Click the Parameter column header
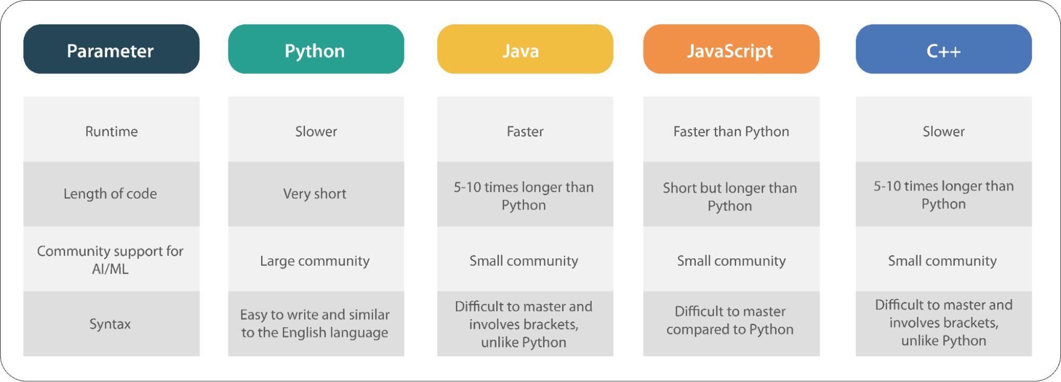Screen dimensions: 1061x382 tap(111, 49)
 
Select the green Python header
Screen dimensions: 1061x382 tap(316, 49)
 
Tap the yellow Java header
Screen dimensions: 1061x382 tap(525, 49)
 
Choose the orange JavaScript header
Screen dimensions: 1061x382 tap(731, 49)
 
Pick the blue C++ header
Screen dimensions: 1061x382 tap(944, 49)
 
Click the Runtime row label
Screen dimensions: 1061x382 tap(111, 129)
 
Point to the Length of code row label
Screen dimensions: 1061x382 tap(111, 194)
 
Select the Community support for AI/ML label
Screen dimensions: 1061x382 tap(111, 259)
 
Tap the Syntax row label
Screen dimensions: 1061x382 tap(111, 324)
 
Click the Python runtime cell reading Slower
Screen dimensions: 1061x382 tap(316, 129)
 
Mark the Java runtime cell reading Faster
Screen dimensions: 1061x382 tap(525, 129)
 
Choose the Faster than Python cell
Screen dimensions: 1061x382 tap(731, 129)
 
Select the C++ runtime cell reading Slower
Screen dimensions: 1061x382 tap(944, 129)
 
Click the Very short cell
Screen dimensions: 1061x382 tap(316, 194)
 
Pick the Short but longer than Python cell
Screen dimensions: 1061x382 tap(731, 194)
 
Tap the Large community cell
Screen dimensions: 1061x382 tap(316, 259)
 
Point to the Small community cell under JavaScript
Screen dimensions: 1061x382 tap(731, 259)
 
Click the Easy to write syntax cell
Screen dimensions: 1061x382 tap(316, 324)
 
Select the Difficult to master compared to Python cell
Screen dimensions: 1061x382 tap(731, 324)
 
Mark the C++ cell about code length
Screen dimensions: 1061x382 tap(944, 194)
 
